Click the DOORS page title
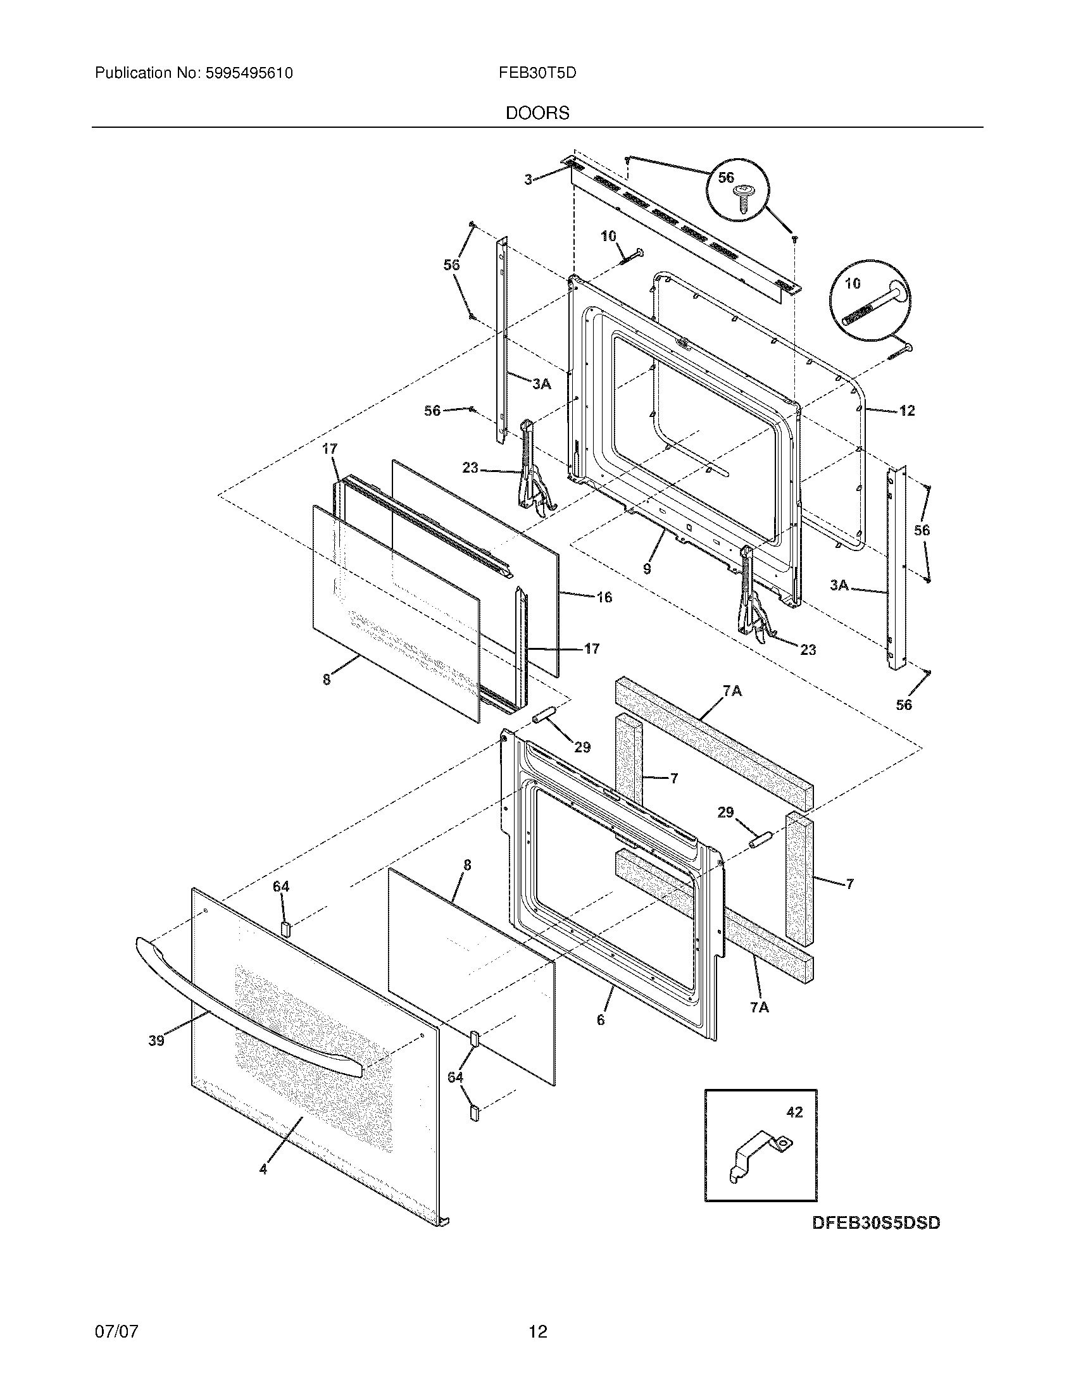click(537, 113)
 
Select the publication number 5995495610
click(249, 73)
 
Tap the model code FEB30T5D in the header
click(537, 73)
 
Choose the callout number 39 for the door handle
click(156, 1041)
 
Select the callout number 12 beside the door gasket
click(906, 411)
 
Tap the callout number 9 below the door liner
click(647, 568)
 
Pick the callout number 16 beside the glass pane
click(604, 597)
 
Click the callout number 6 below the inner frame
click(601, 1021)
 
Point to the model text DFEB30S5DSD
click(876, 1223)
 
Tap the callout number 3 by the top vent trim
click(528, 180)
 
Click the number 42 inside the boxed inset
click(794, 1112)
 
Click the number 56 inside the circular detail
click(726, 178)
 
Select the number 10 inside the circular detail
click(853, 283)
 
